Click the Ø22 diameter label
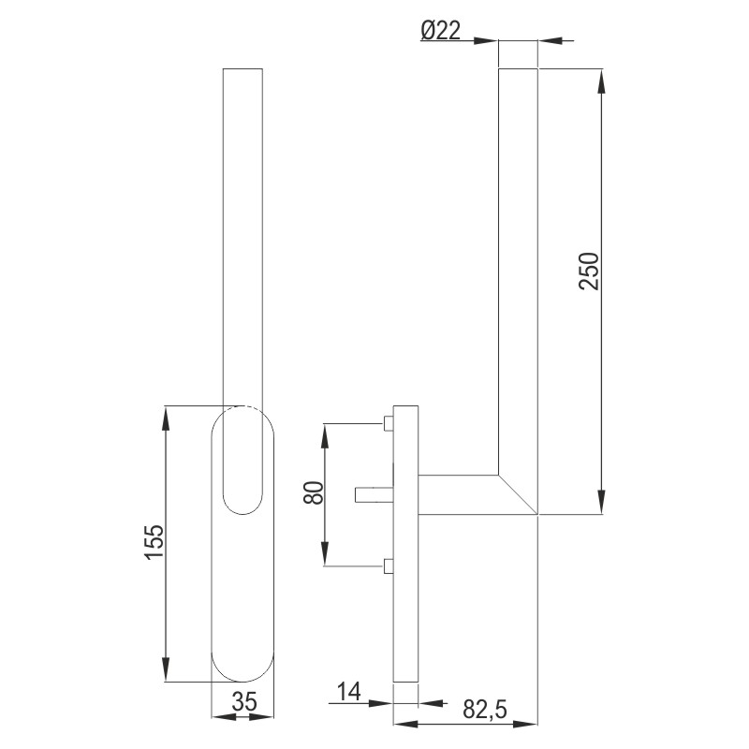(440, 32)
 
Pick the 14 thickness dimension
(348, 692)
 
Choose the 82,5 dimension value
(484, 711)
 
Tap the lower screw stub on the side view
(388, 565)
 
